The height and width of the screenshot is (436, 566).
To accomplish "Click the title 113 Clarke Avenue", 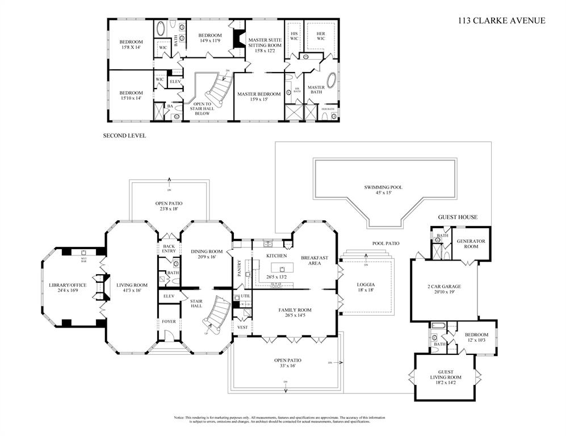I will pyautogui.click(x=501, y=21).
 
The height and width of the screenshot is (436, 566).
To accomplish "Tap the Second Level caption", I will pyautogui.click(x=124, y=136).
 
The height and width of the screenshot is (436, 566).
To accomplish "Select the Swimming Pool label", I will pyautogui.click(x=383, y=190).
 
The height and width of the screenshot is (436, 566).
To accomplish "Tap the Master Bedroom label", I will pyautogui.click(x=259, y=97).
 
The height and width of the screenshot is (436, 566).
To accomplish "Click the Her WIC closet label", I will pyautogui.click(x=320, y=36).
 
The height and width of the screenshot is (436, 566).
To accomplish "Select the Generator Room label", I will pyautogui.click(x=471, y=244).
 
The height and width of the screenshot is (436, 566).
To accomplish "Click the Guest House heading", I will pyautogui.click(x=458, y=217).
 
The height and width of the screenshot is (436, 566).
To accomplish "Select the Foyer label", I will pyautogui.click(x=169, y=321).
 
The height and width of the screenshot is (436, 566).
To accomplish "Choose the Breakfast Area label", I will pyautogui.click(x=315, y=261).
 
